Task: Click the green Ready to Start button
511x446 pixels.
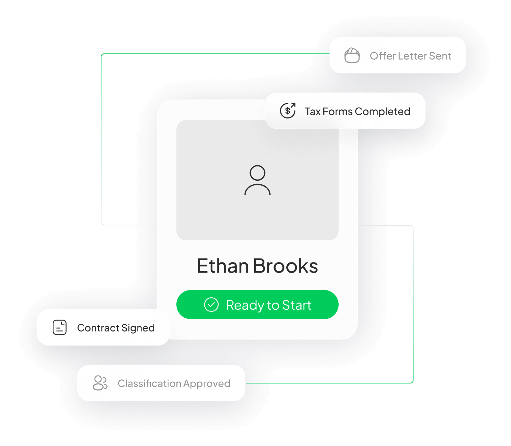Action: (x=257, y=305)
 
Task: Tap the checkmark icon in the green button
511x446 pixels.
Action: (x=211, y=305)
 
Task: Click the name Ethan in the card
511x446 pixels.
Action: (x=223, y=266)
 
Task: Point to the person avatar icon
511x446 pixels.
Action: (x=258, y=180)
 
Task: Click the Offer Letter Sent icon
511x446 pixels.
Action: (x=352, y=56)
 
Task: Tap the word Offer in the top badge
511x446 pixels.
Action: (x=383, y=56)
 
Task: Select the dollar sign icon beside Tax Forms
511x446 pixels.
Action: (x=288, y=111)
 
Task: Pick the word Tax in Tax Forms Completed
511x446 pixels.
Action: (x=312, y=112)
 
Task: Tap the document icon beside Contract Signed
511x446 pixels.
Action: (x=60, y=328)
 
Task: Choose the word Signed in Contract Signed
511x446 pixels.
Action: (x=138, y=328)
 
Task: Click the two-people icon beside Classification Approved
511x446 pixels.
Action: (x=100, y=383)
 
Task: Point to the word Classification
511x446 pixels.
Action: (x=149, y=383)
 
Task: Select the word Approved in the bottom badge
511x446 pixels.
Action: (x=207, y=384)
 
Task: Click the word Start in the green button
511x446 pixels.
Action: (x=297, y=305)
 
